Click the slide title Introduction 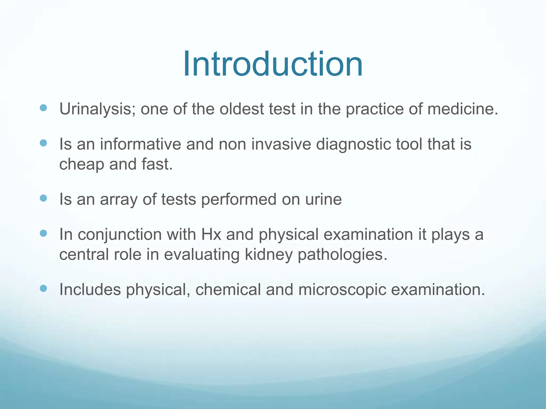(272, 64)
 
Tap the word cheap (82, 165)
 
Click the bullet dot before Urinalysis (43, 108)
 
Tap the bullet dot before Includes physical (43, 288)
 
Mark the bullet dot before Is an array (43, 198)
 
